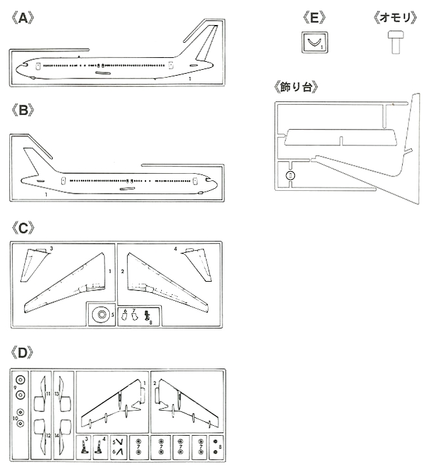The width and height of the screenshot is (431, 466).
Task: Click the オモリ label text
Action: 393,18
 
